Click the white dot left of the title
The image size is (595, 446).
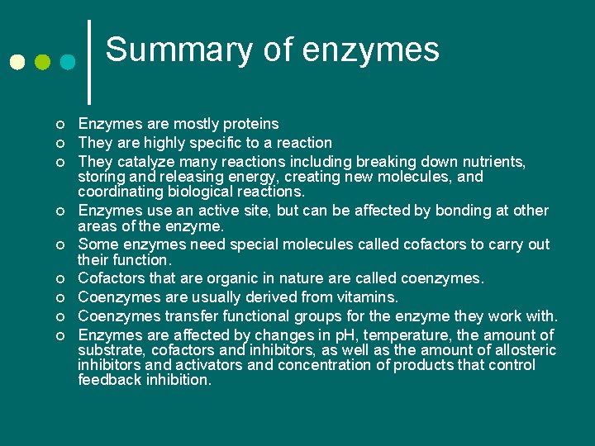[17, 63]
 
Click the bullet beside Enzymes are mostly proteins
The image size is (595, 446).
[59, 125]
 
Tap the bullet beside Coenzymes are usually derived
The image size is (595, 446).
[59, 297]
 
